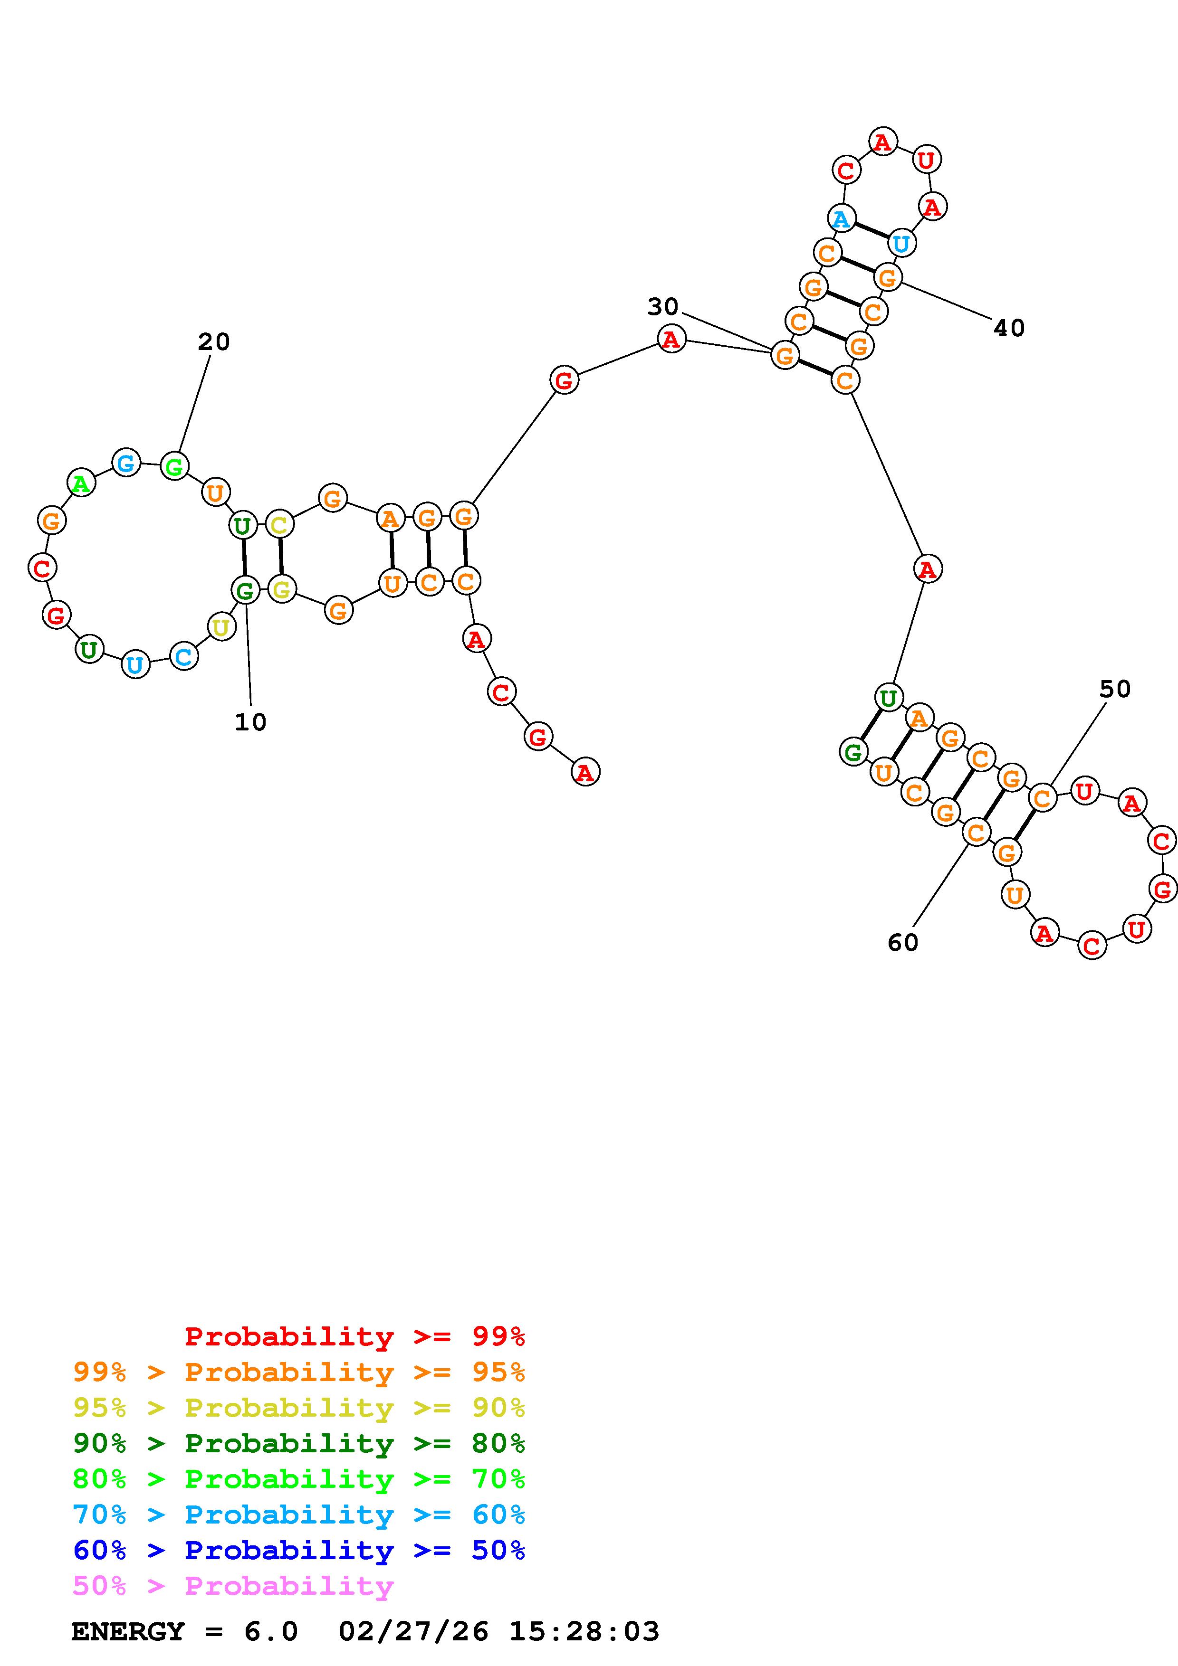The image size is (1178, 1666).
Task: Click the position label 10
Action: click(250, 722)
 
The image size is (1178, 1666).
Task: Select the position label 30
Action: click(663, 307)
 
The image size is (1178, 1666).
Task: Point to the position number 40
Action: click(1009, 329)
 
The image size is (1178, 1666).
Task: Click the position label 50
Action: click(1115, 689)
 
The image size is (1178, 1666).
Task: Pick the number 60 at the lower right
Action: click(903, 943)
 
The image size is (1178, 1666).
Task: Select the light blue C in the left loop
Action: click(183, 657)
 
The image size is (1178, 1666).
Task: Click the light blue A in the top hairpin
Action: click(841, 218)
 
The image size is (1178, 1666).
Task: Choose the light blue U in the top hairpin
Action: click(901, 243)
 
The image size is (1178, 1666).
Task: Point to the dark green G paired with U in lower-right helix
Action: click(853, 752)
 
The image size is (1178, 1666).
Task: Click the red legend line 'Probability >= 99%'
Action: click(355, 1336)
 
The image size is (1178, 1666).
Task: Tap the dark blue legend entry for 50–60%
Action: click(299, 1551)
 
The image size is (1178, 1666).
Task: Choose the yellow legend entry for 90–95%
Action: click(299, 1408)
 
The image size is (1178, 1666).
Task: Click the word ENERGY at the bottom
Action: click(128, 1632)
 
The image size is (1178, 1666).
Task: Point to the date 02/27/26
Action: click(414, 1632)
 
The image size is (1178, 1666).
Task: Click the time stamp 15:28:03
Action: click(584, 1632)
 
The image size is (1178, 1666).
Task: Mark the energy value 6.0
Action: click(271, 1632)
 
